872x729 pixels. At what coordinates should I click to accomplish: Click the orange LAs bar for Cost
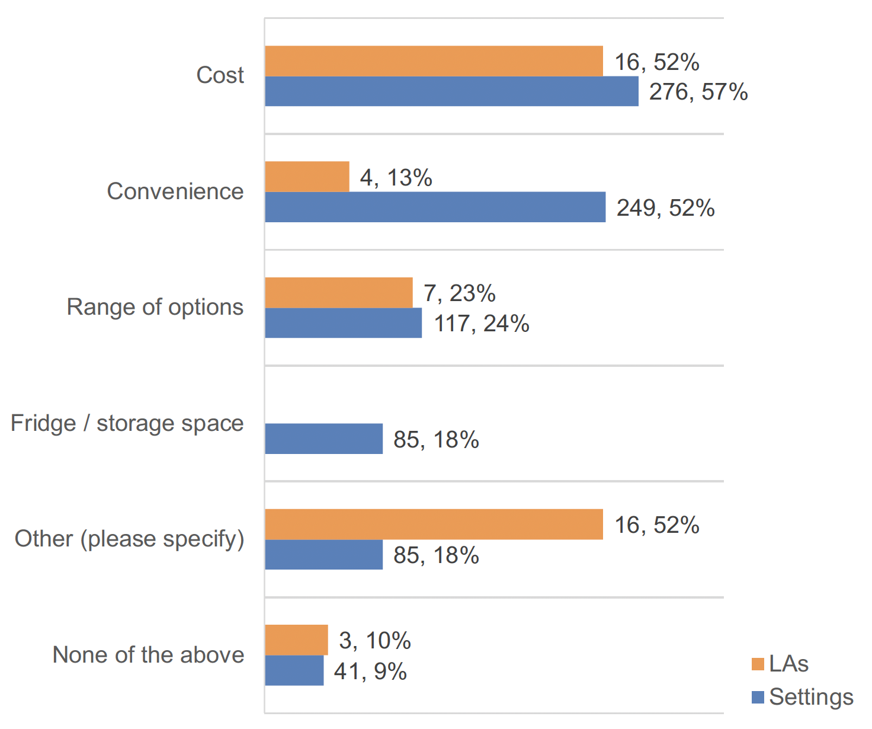[x=434, y=61]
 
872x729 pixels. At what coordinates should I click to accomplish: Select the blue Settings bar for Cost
[x=451, y=91]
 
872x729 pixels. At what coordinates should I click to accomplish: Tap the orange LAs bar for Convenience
[x=307, y=177]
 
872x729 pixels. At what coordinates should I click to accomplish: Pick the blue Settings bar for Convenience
[x=435, y=207]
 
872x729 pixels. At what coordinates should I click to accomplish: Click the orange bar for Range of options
[x=338, y=293]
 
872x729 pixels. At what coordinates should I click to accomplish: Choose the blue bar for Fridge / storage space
[x=323, y=439]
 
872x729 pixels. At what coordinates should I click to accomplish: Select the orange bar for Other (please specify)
[x=434, y=524]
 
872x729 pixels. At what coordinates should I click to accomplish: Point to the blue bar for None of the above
[x=294, y=670]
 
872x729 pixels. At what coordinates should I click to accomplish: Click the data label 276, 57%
[x=698, y=92]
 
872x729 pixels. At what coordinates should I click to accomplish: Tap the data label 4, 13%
[x=396, y=178]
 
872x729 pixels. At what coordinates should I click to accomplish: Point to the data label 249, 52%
[x=665, y=208]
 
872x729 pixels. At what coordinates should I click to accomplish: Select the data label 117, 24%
[x=481, y=324]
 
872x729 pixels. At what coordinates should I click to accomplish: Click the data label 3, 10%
[x=374, y=641]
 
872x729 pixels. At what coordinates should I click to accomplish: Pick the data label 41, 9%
[x=370, y=672]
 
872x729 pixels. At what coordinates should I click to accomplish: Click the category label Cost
[x=220, y=75]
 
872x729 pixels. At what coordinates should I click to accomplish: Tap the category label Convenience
[x=175, y=191]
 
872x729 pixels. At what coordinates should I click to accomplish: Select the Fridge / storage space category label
[x=127, y=423]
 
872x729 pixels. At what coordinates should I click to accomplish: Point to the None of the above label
[x=148, y=655]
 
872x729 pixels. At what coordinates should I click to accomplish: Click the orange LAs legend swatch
[x=758, y=664]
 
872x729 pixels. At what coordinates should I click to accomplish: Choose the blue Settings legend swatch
[x=758, y=698]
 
